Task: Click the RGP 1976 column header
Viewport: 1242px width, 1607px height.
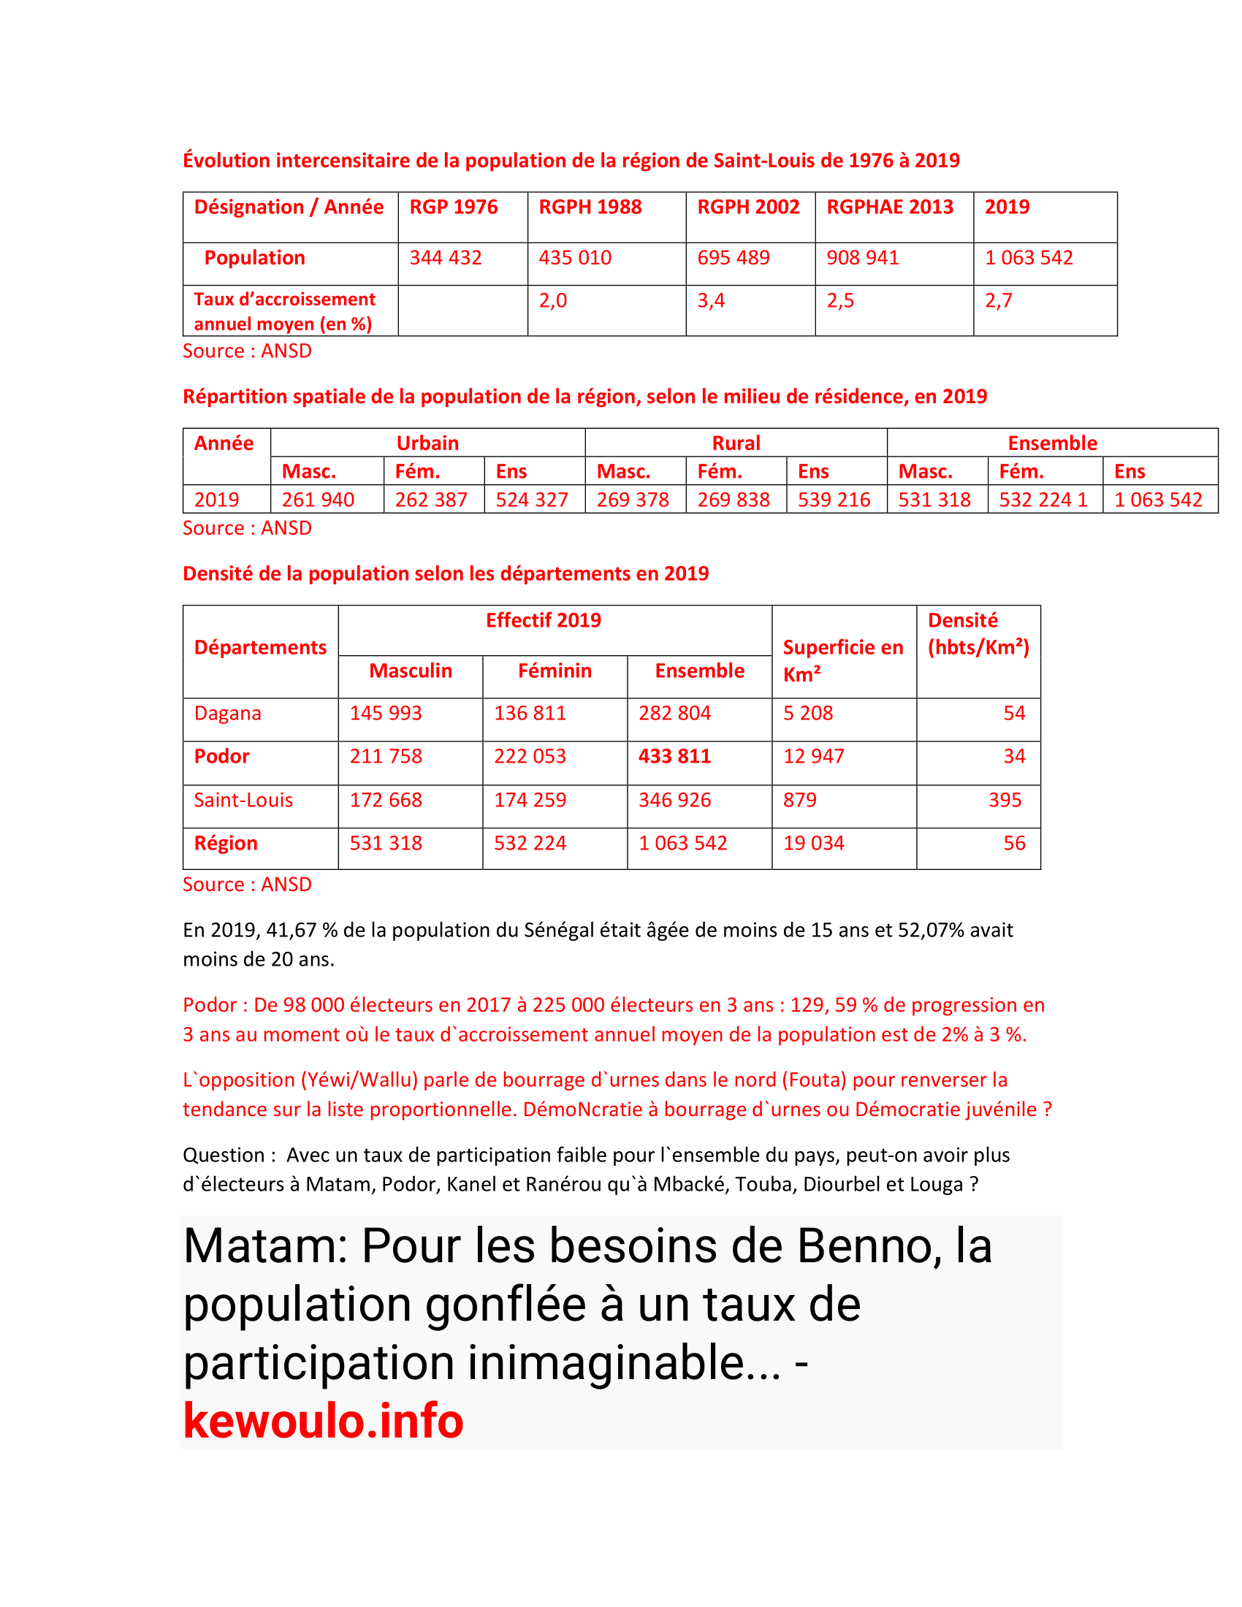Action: coord(453,207)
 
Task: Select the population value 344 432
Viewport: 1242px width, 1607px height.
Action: coord(445,258)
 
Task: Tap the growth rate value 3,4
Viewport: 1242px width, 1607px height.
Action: coord(711,300)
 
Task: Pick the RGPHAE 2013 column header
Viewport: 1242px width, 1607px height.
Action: coord(890,207)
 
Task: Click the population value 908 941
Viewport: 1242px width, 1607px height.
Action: coord(862,258)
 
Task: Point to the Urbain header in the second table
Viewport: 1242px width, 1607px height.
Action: coord(427,443)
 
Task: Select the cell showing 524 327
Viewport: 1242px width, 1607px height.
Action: coord(531,500)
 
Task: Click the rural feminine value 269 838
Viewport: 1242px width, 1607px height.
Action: coord(733,500)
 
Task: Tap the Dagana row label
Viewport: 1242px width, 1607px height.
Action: coord(227,713)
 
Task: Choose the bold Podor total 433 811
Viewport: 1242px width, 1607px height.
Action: coord(674,757)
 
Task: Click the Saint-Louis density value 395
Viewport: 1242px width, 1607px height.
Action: coord(1005,800)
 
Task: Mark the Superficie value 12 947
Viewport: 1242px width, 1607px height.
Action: coord(813,757)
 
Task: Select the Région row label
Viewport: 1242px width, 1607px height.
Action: coord(226,843)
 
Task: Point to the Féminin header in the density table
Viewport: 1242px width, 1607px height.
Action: coord(554,671)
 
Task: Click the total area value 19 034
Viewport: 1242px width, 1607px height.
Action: coord(813,843)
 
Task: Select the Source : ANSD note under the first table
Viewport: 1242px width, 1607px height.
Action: coord(247,351)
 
